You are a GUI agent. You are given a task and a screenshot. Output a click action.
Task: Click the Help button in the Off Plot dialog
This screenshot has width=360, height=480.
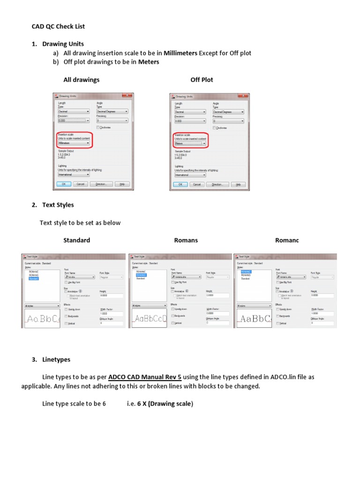(x=238, y=185)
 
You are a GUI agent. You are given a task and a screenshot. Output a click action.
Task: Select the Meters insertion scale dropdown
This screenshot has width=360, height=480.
(x=190, y=143)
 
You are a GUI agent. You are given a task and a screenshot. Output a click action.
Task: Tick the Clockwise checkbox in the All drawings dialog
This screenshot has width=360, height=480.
(x=98, y=127)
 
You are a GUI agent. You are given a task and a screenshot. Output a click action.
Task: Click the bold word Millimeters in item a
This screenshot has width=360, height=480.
(x=180, y=53)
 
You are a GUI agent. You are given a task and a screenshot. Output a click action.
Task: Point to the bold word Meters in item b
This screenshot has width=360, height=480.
(x=149, y=62)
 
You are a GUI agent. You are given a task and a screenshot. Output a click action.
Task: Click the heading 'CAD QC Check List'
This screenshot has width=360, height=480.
(x=58, y=27)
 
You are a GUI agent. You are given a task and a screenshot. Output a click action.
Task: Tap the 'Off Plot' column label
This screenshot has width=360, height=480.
(x=202, y=80)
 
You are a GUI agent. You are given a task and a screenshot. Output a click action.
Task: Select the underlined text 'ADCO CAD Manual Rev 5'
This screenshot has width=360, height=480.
(x=145, y=377)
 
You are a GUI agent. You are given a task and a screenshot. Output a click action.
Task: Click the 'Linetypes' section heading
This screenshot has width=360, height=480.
(x=56, y=360)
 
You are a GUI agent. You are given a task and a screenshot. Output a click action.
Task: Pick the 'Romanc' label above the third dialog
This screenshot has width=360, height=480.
(x=287, y=240)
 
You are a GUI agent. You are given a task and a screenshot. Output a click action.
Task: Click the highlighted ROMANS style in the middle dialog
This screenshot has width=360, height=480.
(x=141, y=275)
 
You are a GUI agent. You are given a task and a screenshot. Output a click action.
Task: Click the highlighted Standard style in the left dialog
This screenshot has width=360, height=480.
(x=34, y=278)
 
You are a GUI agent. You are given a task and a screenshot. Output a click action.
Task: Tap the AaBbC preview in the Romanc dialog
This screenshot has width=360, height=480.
(x=254, y=319)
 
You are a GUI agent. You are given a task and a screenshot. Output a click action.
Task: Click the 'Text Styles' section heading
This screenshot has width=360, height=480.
(x=58, y=205)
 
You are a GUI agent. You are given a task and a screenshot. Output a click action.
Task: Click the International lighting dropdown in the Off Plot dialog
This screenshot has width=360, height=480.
(x=190, y=175)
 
